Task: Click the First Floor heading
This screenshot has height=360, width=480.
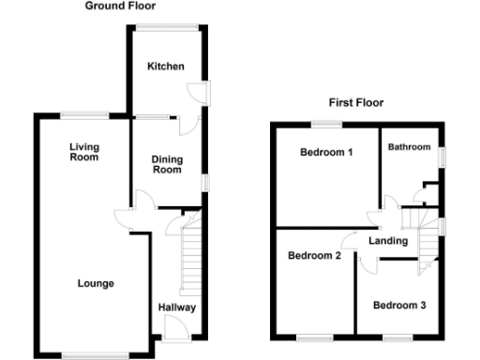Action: pyautogui.click(x=355, y=103)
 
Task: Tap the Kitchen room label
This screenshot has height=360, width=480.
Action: pyautogui.click(x=165, y=67)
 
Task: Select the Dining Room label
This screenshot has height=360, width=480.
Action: pyautogui.click(x=166, y=164)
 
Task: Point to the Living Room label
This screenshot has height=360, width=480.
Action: pyautogui.click(x=84, y=152)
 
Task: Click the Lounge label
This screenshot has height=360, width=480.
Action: pyautogui.click(x=96, y=283)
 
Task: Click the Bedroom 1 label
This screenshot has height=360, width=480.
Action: pyautogui.click(x=326, y=152)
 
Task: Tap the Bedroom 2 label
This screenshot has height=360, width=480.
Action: pyautogui.click(x=313, y=255)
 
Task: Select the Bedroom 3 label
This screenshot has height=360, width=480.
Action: pyautogui.click(x=399, y=305)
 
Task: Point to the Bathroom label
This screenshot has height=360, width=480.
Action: pyautogui.click(x=410, y=147)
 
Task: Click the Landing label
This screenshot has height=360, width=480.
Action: pyautogui.click(x=388, y=241)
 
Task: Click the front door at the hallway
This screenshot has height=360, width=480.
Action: pyautogui.click(x=174, y=329)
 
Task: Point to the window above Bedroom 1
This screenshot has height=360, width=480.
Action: pyautogui.click(x=326, y=124)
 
